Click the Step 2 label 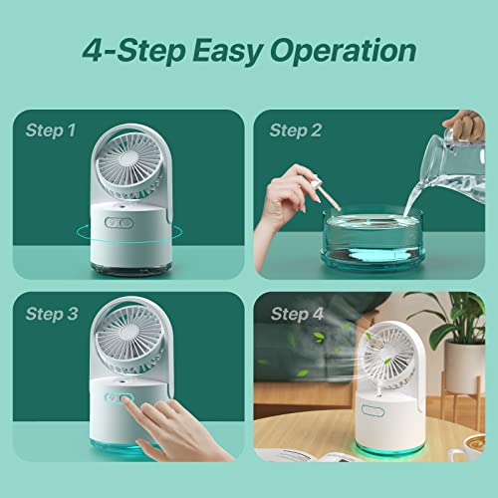click(x=295, y=129)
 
